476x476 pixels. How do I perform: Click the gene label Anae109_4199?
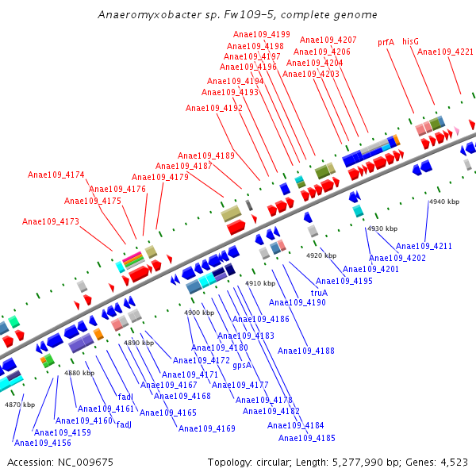pos(262,35)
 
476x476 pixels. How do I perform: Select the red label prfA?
pos(386,42)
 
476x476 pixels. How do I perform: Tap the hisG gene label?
pos(410,41)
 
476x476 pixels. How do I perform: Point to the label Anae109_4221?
pos(445,52)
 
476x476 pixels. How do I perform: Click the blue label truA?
pos(319,292)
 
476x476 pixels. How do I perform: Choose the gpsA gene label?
pos(242,365)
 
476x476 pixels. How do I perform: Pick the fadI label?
pos(125,397)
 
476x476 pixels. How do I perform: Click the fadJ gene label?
pos(124,424)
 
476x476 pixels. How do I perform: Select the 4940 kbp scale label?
pos(444,202)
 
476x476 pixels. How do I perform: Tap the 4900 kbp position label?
pos(199,313)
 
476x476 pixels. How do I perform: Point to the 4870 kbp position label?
pos(20,405)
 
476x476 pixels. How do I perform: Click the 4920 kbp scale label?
pos(321,255)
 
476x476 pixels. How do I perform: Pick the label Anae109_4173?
pos(51,222)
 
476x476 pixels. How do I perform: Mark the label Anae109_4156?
pos(43,443)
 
